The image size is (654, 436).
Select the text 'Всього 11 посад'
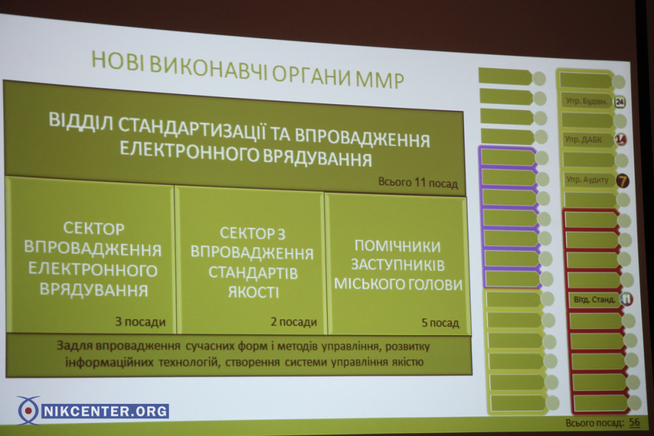pyautogui.click(x=418, y=182)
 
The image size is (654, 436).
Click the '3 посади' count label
pyautogui.click(x=141, y=322)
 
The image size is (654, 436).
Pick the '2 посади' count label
pyautogui.click(x=294, y=322)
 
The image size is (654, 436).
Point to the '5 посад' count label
pyautogui.click(x=440, y=323)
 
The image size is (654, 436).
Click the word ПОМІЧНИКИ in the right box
pyautogui.click(x=398, y=246)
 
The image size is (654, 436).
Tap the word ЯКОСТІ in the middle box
pyautogui.click(x=253, y=293)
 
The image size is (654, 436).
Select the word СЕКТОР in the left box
pyautogui.click(x=94, y=228)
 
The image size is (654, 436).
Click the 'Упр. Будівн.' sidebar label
pyautogui.click(x=587, y=101)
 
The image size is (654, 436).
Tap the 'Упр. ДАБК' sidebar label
pyautogui.click(x=583, y=140)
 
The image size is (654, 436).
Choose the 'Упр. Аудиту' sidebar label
pyautogui.click(x=587, y=180)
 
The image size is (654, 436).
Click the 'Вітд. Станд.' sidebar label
pyautogui.click(x=594, y=299)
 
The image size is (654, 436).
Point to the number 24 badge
pyautogui.click(x=620, y=102)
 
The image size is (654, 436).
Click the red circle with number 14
pyautogui.click(x=621, y=140)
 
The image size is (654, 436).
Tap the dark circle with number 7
pyautogui.click(x=623, y=181)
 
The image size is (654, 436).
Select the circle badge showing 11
pyautogui.click(x=626, y=299)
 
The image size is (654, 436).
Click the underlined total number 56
pyautogui.click(x=634, y=422)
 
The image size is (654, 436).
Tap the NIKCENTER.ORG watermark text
pyautogui.click(x=105, y=411)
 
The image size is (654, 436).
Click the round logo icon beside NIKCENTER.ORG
pyautogui.click(x=28, y=410)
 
